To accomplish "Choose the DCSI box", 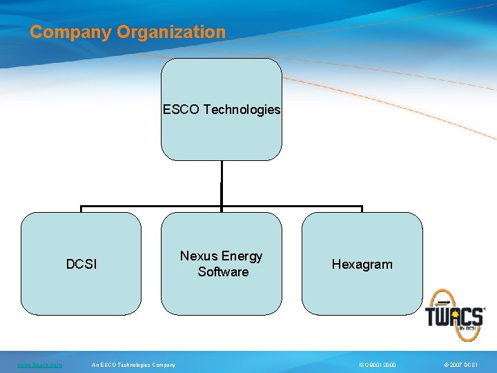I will click(81, 290).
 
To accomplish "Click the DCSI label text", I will click(81, 264).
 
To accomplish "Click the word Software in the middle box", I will click(222, 271).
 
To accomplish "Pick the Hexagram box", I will click(362, 294).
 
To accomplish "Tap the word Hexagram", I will click(362, 264).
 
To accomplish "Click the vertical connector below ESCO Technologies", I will click(221, 183).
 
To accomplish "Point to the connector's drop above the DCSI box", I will click(81, 209).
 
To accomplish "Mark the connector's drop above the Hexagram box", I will click(362, 209).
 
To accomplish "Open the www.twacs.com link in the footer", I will click(39, 365).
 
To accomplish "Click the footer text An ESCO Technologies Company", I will click(134, 365).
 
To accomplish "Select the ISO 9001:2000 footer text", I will click(377, 365).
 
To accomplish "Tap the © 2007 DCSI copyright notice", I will click(461, 365).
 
